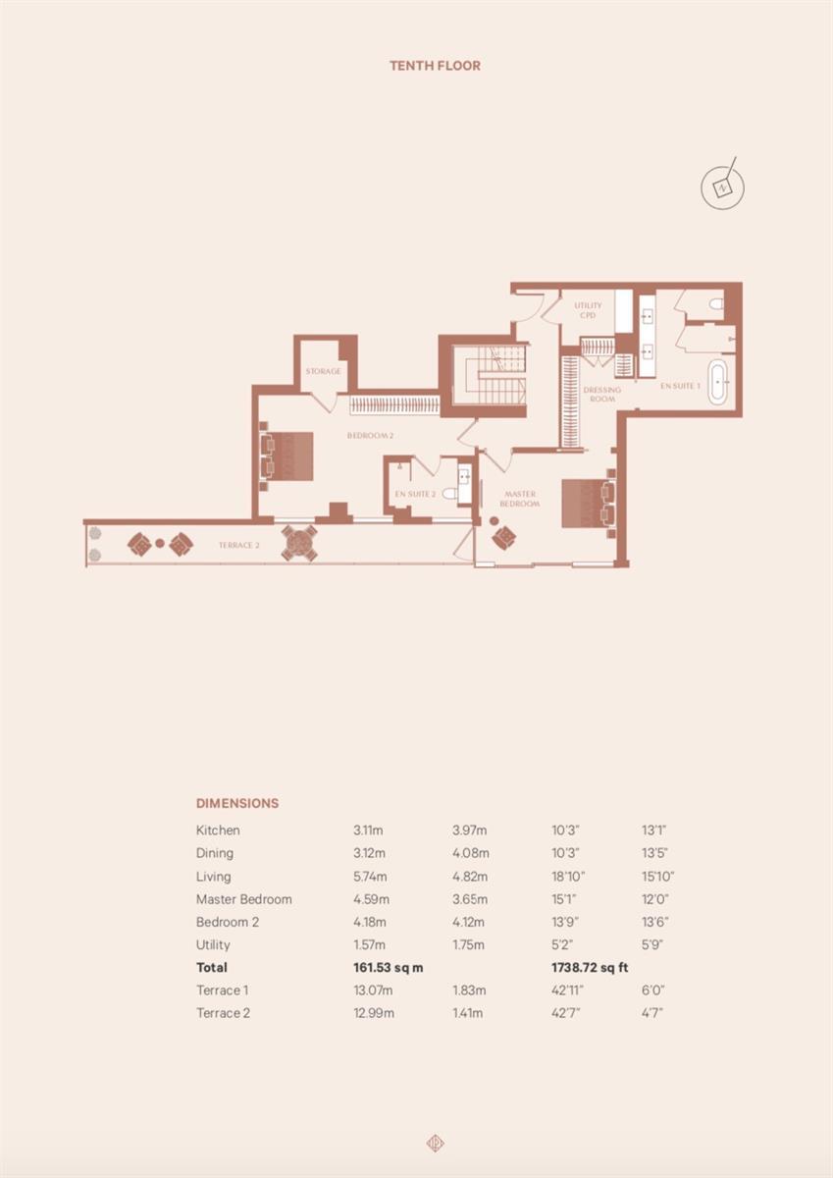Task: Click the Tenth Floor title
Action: coord(436,66)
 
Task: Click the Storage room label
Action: coord(323,371)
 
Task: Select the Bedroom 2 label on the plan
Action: coord(370,436)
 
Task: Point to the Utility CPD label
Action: coord(588,310)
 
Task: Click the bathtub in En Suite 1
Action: coord(718,382)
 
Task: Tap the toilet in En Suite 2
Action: coord(450,493)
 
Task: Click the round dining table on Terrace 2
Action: coord(299,543)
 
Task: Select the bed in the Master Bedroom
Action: coord(589,503)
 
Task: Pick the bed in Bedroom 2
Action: coord(286,455)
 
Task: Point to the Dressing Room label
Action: coord(602,395)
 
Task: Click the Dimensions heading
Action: coord(237,803)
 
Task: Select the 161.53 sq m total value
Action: coord(389,968)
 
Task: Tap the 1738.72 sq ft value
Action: coord(590,968)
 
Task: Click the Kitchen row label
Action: coord(218,830)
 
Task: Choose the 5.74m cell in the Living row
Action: coord(371,877)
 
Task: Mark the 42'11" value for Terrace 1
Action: coord(567,991)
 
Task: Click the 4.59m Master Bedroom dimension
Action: coord(372,899)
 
